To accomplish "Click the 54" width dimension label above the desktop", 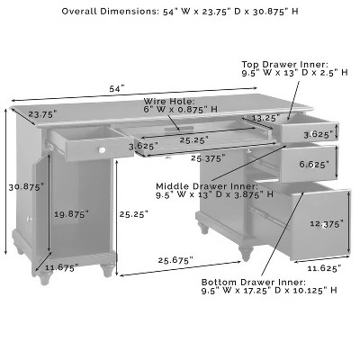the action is click(117, 89).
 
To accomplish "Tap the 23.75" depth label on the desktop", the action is click(42, 114).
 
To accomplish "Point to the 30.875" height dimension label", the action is click(26, 187).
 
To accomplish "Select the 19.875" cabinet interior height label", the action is click(71, 214).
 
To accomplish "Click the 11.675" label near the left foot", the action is click(61, 267).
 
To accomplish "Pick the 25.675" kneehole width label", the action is click(175, 260).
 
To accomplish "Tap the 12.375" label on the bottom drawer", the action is click(327, 224).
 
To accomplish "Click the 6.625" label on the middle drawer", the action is click(314, 164).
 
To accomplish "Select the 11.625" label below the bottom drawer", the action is click(324, 268).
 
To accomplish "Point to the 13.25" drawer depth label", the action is click(265, 118).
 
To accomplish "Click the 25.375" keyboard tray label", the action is click(208, 158).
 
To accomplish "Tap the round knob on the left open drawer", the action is click(102, 149).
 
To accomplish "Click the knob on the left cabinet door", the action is click(30, 219).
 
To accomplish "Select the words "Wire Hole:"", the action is click(169, 101).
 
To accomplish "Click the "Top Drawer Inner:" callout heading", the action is click(284, 65).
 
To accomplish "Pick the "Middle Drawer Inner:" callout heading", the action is click(207, 186).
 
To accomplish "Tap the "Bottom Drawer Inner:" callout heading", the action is click(254, 283).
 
